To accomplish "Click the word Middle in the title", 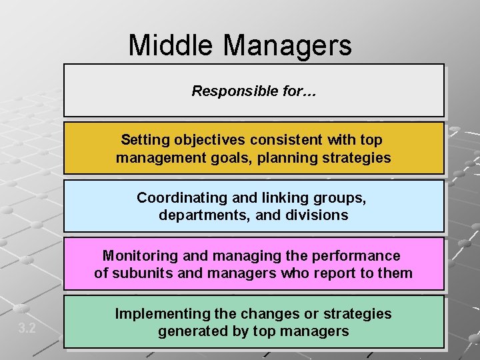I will pyautogui.click(x=172, y=45).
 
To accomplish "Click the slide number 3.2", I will pyautogui.click(x=27, y=328).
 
